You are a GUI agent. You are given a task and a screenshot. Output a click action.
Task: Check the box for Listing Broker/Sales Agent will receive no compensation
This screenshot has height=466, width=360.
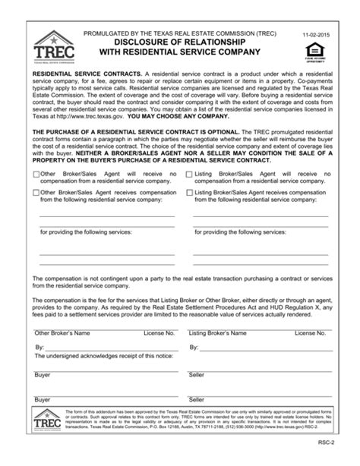click(x=189, y=174)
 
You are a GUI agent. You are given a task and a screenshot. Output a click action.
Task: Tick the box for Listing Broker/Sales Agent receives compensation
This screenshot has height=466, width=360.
click(x=189, y=193)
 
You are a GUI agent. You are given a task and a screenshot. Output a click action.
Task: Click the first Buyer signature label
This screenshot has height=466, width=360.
click(x=43, y=375)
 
